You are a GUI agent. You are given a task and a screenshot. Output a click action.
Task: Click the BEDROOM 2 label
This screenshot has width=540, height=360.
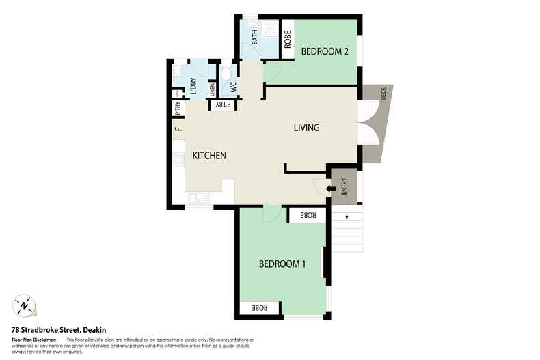[325, 51]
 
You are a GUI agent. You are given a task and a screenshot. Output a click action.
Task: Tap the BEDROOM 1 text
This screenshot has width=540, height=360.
[282, 264]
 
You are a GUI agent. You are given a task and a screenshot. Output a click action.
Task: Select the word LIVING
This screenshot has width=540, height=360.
[306, 128]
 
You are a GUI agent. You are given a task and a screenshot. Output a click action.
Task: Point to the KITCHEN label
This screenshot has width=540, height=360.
[208, 156]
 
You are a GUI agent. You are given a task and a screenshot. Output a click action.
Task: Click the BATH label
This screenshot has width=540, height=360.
[255, 37]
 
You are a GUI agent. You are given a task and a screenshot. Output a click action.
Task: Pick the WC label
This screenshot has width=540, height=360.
[233, 87]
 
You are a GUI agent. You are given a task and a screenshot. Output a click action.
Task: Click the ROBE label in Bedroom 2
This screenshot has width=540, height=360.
[288, 39]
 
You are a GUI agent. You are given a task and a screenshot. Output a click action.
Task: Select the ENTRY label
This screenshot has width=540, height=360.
[344, 186]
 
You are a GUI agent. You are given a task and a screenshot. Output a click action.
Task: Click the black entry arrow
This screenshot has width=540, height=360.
[330, 189]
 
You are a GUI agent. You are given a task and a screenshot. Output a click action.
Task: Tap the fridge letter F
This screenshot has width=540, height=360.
[177, 128]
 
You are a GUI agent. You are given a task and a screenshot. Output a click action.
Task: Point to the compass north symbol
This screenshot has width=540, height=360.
[24, 305]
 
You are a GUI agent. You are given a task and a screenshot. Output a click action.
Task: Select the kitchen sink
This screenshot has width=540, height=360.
[199, 199]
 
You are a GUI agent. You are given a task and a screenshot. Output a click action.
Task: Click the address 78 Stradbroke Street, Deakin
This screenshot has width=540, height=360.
[58, 329]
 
